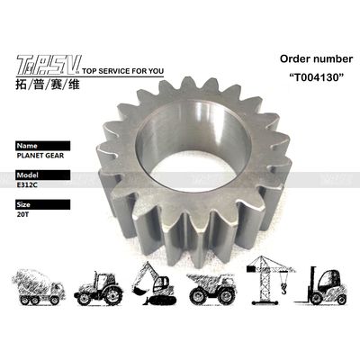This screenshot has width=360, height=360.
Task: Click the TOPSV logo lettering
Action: pyautogui.click(x=49, y=66)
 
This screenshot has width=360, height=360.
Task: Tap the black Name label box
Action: pyautogui.click(x=43, y=146)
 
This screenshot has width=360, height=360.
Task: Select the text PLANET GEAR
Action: pyautogui.click(x=40, y=156)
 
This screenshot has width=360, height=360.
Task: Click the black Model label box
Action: pyautogui.click(x=43, y=175)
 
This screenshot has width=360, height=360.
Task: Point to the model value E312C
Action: pyautogui.click(x=27, y=185)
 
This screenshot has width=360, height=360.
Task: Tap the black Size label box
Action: pyautogui.click(x=43, y=204)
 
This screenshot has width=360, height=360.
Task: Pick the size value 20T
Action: pyautogui.click(x=22, y=214)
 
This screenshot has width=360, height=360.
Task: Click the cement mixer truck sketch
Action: pyautogui.click(x=39, y=287)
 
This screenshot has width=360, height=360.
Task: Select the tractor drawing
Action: pyautogui.click(x=98, y=288)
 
